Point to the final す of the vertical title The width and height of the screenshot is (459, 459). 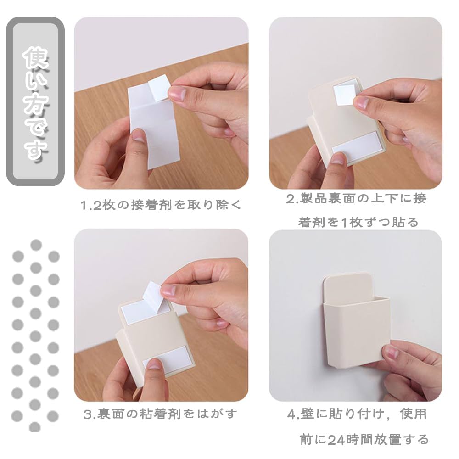(x=35, y=150)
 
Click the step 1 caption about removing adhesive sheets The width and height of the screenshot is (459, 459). (x=161, y=205)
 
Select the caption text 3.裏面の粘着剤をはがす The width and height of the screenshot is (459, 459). (x=161, y=414)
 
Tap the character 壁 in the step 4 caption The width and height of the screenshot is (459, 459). (x=308, y=414)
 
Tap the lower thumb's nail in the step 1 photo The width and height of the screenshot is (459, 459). (x=139, y=135)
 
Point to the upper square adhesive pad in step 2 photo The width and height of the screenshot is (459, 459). (x=345, y=95)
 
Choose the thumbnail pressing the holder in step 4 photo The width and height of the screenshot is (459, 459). (x=391, y=352)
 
